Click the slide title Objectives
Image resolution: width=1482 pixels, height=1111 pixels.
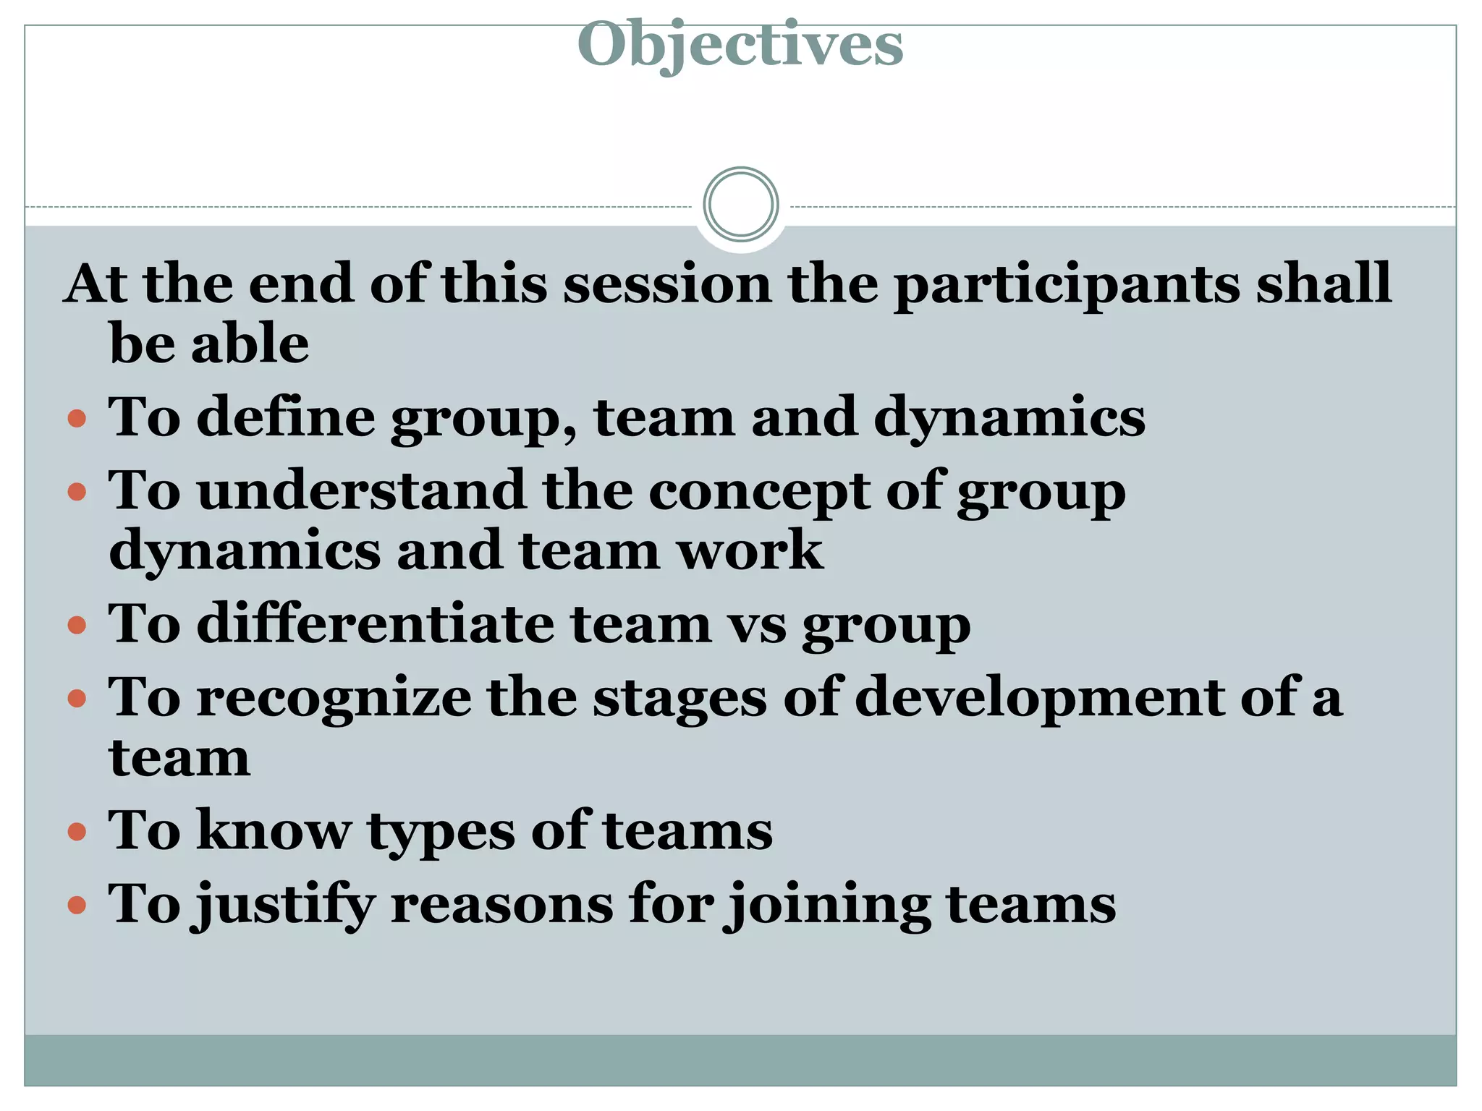(740, 45)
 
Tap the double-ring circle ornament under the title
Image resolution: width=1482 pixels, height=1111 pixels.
(740, 204)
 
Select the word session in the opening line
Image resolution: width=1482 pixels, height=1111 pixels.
(667, 284)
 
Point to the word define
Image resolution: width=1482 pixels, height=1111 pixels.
(286, 417)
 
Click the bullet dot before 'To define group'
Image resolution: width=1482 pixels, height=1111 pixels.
(77, 419)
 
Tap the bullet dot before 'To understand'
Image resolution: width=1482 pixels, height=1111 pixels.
(77, 493)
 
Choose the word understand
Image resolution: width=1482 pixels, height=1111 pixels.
(361, 490)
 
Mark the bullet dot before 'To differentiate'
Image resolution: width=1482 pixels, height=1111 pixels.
(77, 625)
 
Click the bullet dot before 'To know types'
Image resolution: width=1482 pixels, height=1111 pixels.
(77, 831)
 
